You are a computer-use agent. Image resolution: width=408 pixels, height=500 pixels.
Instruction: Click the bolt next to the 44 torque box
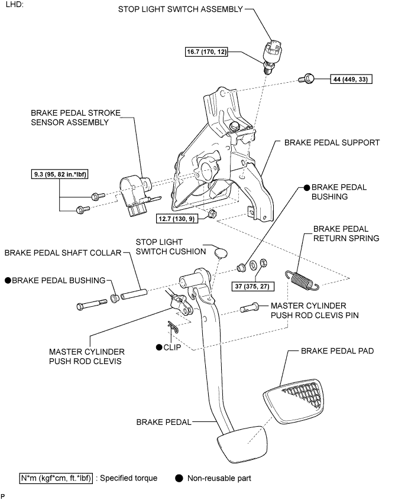[x=306, y=79]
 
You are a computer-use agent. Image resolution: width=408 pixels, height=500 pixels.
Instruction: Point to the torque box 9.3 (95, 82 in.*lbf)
[x=60, y=174]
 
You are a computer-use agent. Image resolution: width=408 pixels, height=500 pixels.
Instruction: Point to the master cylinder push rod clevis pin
[x=249, y=308]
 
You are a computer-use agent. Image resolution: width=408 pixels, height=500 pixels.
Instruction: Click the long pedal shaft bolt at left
[x=92, y=304]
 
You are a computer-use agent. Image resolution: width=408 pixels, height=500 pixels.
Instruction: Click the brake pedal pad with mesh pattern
[x=294, y=401]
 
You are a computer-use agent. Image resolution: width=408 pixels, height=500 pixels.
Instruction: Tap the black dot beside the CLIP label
[x=159, y=348]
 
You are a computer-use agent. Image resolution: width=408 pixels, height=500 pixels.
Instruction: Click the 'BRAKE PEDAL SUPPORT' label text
[x=332, y=142]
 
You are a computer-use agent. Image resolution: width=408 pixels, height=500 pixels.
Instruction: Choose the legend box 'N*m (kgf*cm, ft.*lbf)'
[x=56, y=478]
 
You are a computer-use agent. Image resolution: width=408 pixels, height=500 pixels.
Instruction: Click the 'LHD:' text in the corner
[x=15, y=5]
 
